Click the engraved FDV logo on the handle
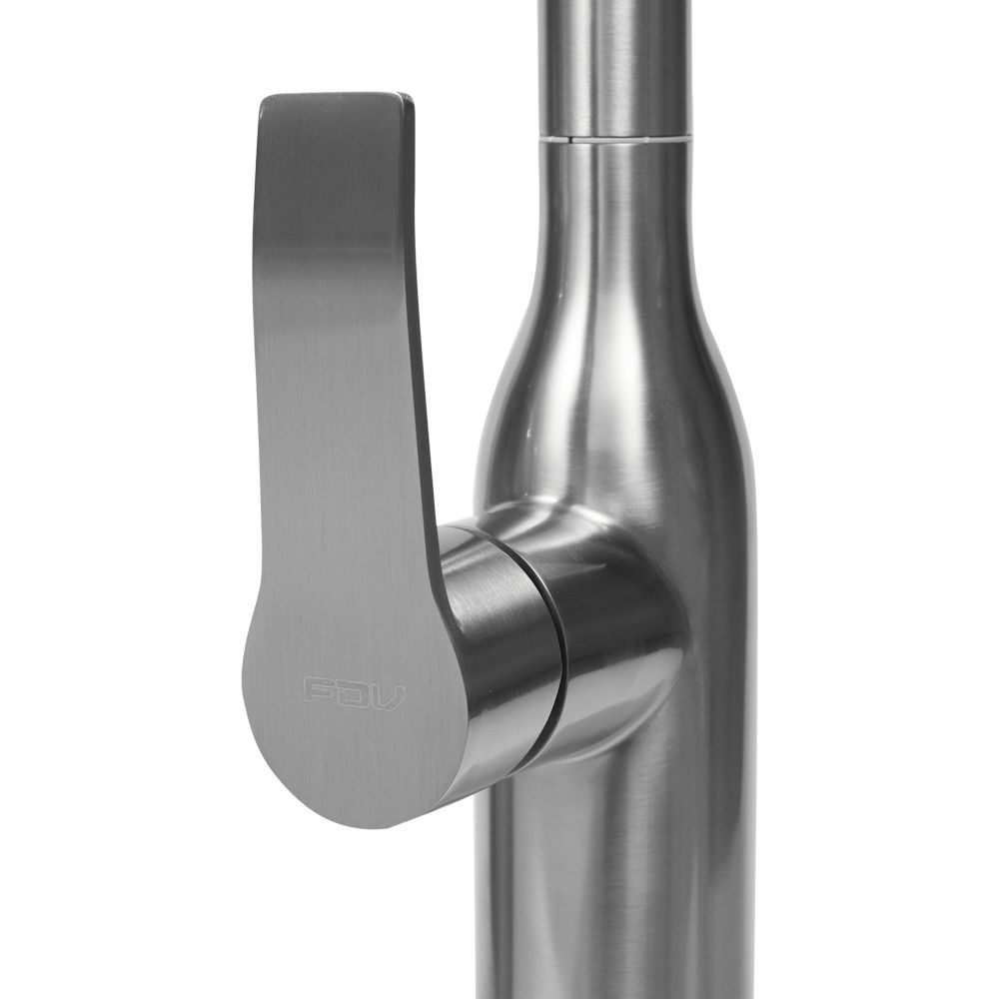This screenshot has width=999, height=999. (354, 690)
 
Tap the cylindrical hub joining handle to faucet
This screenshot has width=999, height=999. (499, 649)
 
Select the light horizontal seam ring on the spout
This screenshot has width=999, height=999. (614, 137)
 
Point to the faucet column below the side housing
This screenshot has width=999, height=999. (619, 879)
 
